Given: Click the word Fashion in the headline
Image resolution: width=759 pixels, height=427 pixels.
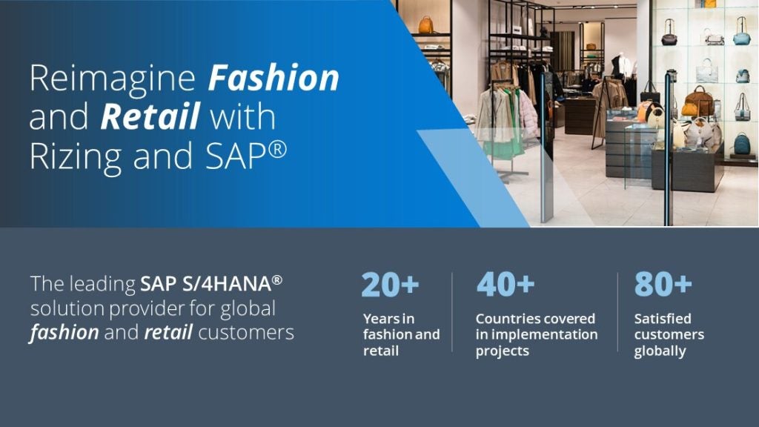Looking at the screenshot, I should (274, 78).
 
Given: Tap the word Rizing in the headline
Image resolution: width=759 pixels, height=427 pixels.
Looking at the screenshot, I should (76, 156).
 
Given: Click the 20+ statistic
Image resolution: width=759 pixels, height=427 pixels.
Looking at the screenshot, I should (391, 285).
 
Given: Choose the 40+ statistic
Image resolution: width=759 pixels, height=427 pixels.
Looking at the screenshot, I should (506, 285).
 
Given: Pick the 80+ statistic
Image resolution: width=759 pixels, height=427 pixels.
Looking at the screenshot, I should (663, 285).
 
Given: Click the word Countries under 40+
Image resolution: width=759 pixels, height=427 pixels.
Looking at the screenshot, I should (508, 319).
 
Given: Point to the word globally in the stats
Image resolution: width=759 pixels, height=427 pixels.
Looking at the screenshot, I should (660, 351).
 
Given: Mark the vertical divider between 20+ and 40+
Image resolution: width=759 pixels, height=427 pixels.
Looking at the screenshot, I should (452, 311).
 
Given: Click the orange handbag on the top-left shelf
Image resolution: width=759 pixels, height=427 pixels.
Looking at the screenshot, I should (426, 26).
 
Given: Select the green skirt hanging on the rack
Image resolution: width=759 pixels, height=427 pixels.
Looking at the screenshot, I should (506, 133).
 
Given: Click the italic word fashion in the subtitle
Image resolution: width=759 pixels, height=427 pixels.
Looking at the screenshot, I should (64, 333).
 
